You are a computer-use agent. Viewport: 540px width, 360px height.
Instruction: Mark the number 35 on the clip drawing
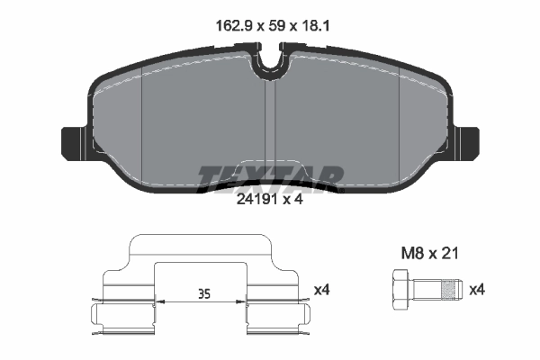[x=203, y=293]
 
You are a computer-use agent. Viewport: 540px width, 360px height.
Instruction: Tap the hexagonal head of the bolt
[x=400, y=290]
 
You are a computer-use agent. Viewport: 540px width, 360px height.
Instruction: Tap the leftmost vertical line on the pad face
[x=144, y=126]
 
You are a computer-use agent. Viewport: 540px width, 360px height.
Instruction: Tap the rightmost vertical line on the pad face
[x=400, y=126]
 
